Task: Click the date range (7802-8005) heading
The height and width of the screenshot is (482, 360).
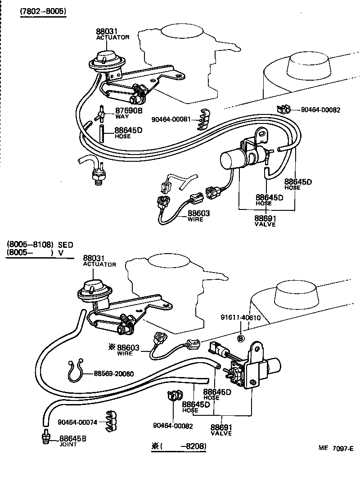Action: (x=43, y=12)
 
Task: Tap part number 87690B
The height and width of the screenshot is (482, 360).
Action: (x=129, y=110)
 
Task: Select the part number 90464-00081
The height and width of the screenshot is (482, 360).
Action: (x=171, y=119)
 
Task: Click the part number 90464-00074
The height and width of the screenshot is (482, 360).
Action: (x=77, y=422)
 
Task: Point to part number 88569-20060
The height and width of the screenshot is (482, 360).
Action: (x=114, y=373)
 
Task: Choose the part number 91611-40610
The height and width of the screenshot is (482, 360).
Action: (x=241, y=329)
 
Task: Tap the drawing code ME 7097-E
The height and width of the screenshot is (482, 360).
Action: (x=336, y=447)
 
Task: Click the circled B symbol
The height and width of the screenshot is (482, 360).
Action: (x=241, y=338)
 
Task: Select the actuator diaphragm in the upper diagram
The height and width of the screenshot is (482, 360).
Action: (x=103, y=63)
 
